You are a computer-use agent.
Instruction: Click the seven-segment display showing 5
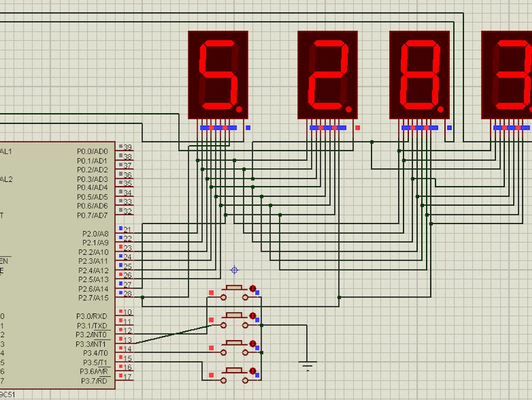coord(218,75)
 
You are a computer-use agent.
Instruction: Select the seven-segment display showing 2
coord(327,75)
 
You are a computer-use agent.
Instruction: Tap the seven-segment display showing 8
coord(420,75)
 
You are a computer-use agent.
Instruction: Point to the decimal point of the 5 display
coord(240,109)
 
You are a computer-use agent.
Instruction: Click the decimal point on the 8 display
coord(441,109)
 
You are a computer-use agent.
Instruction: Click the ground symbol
coord(307,364)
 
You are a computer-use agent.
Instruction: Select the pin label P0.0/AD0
coord(92,152)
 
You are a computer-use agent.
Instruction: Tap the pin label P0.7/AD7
coord(92,216)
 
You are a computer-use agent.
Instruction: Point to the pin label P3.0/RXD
coord(92,316)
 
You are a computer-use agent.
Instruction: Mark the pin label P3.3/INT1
coord(92,344)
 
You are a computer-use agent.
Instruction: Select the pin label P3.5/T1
coord(95,363)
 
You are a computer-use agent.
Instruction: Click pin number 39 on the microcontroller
coord(128,148)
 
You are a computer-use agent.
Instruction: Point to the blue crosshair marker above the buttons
coord(234,270)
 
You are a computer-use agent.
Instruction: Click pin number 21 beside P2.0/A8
coord(128,230)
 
